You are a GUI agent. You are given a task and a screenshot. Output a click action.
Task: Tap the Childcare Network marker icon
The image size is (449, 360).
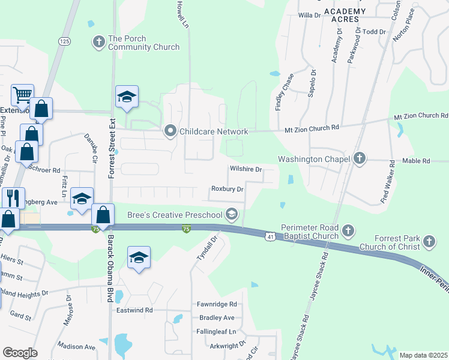click(170, 131)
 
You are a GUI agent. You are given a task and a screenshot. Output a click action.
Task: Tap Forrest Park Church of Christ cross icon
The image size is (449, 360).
click(429, 241)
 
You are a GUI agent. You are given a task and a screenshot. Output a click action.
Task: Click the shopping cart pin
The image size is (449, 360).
click(22, 95)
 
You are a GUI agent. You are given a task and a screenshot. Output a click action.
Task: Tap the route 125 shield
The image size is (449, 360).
click(65, 40)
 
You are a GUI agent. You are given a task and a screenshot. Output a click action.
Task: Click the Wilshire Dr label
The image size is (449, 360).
click(246, 169)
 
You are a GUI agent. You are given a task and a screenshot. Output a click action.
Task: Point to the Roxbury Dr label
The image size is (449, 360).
click(227, 189)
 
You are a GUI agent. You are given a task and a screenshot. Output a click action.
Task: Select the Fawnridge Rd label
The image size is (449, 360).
click(217, 305)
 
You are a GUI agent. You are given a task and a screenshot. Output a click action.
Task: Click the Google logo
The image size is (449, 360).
click(20, 352)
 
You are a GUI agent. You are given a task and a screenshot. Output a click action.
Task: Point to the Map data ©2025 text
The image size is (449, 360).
click(423, 355)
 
